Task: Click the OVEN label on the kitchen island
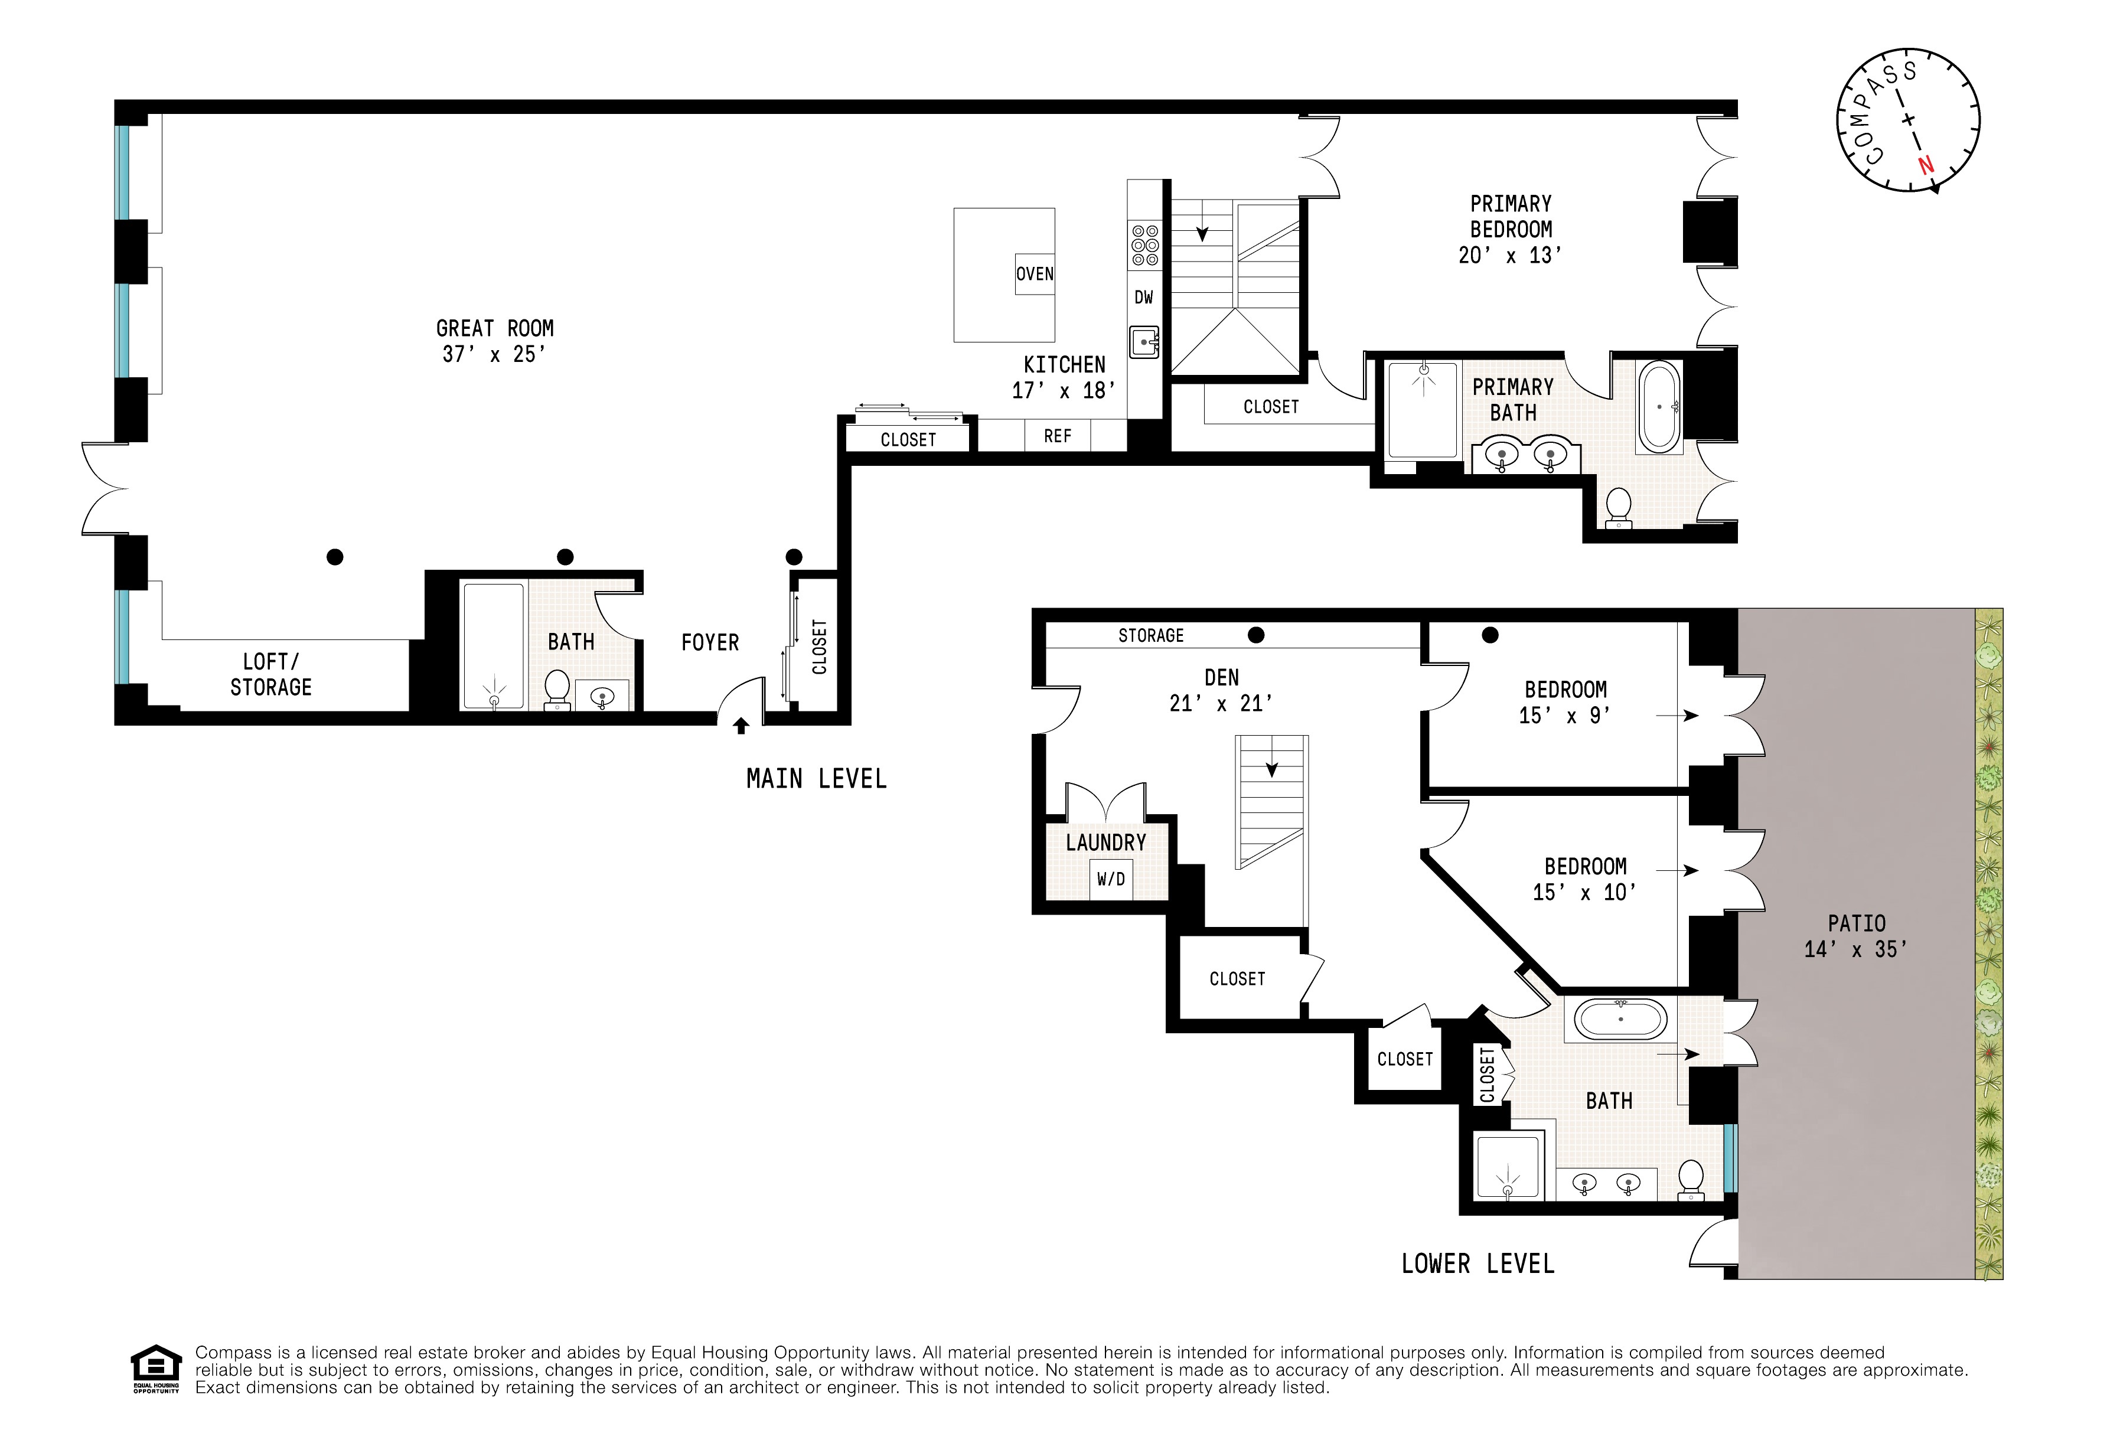(1035, 274)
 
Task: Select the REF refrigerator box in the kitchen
(1057, 436)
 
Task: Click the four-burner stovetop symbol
(1145, 246)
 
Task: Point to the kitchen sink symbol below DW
(1144, 342)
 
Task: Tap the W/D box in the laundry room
(1110, 879)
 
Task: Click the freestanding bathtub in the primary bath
(1658, 407)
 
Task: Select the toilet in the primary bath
(1618, 507)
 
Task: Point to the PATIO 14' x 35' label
(1855, 936)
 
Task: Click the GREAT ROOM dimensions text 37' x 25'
(494, 354)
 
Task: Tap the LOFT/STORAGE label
(271, 674)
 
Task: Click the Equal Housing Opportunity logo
(156, 1369)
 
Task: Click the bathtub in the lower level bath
(1621, 1019)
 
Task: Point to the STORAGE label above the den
(1150, 636)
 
